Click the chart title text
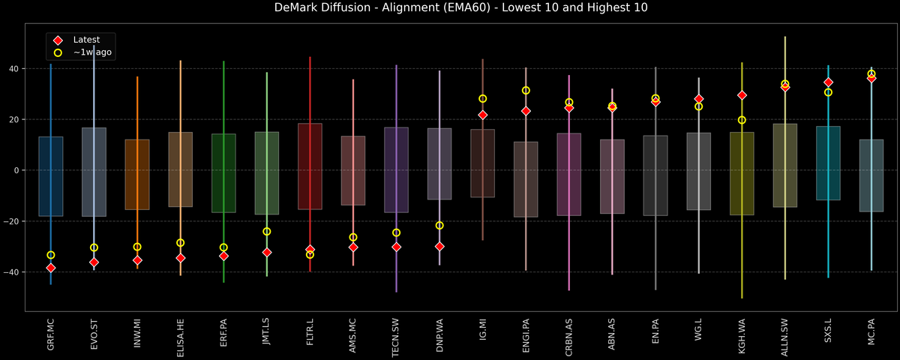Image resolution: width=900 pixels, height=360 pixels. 450,8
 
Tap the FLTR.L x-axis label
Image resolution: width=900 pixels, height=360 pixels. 310,335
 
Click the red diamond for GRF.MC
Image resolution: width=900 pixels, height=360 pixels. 51,268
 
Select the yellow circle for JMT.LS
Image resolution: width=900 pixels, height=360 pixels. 267,232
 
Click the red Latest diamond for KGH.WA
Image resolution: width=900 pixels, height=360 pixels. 742,95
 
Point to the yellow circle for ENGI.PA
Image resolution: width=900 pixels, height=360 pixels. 526,91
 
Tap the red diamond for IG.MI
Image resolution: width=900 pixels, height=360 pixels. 483,115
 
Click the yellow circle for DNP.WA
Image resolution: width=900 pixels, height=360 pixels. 439,226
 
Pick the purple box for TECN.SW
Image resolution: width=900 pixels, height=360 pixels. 396,169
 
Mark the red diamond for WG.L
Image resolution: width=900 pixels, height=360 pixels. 699,99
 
